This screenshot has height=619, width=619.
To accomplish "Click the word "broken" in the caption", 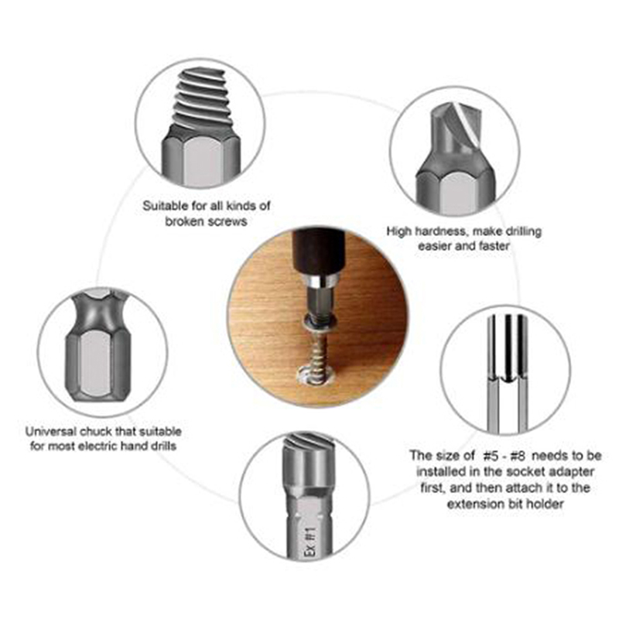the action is [183, 221].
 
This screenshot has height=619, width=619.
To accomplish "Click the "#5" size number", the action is [491, 456].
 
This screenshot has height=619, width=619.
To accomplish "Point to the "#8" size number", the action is [518, 456].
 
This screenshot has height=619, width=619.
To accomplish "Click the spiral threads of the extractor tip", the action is [200, 98].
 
